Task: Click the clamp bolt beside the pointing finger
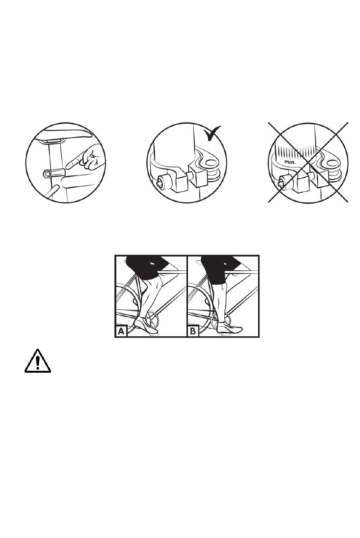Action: pyautogui.click(x=53, y=173)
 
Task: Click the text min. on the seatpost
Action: pyautogui.click(x=290, y=162)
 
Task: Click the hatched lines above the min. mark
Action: pyautogui.click(x=295, y=152)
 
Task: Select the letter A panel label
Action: pyautogui.click(x=121, y=331)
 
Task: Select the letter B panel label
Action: pyautogui.click(x=193, y=331)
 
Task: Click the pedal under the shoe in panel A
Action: pyautogui.click(x=153, y=333)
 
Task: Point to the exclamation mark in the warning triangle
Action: pyautogui.click(x=38, y=362)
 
